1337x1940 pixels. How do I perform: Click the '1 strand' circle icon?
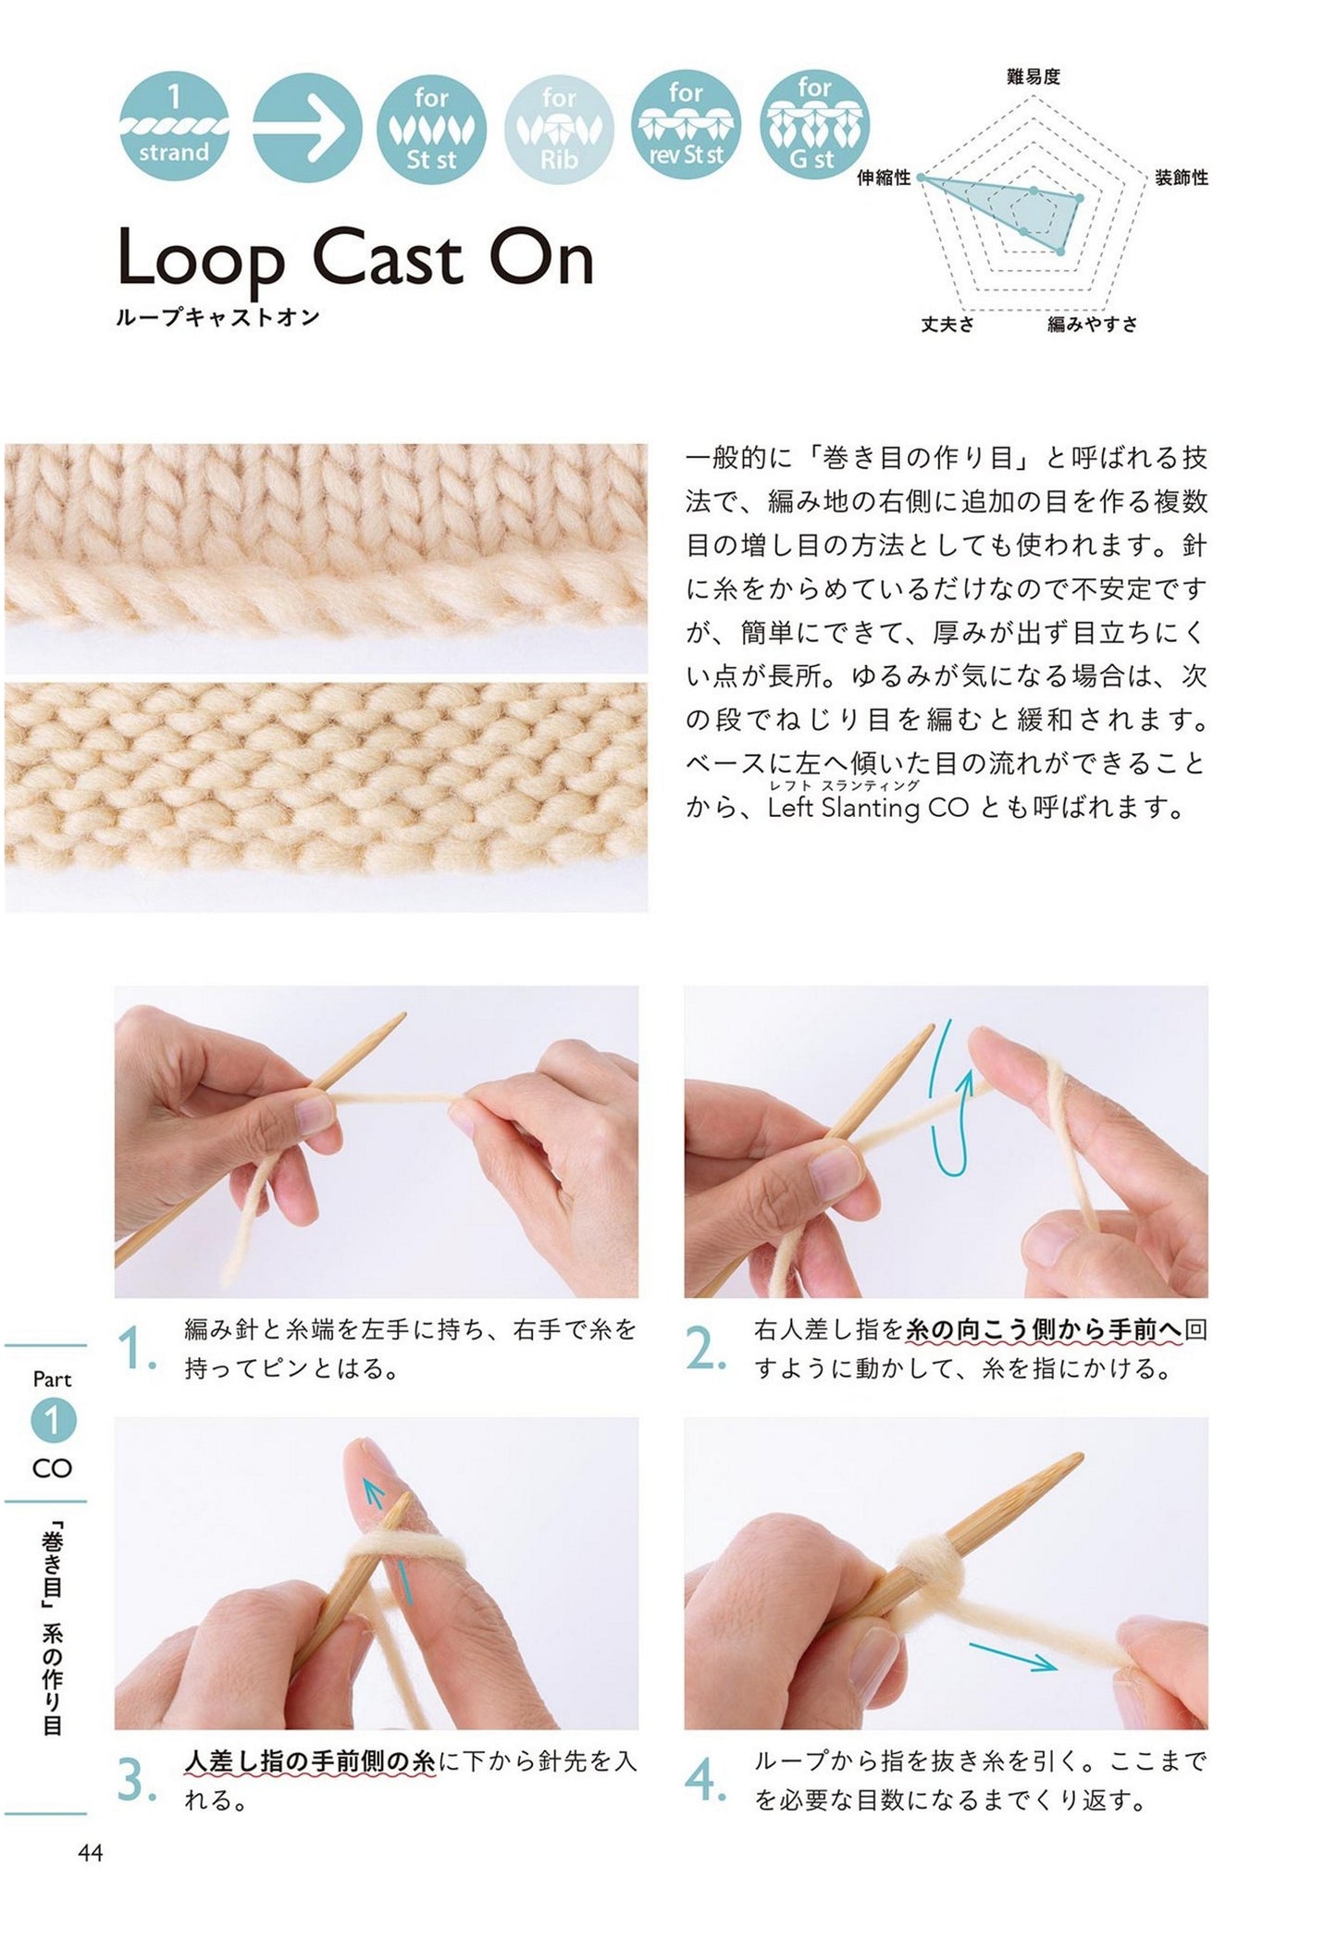[x=174, y=126]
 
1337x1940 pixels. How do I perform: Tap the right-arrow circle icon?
[x=307, y=126]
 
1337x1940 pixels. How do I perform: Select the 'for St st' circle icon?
[x=431, y=126]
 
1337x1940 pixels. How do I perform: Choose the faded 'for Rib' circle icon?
[x=559, y=126]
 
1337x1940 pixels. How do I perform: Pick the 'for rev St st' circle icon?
[x=686, y=126]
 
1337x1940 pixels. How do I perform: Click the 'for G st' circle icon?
[x=813, y=126]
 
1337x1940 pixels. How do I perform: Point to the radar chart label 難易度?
[x=1033, y=77]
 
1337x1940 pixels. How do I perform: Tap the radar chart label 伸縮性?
[x=885, y=178]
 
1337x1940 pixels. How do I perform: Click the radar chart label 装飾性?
[x=1182, y=178]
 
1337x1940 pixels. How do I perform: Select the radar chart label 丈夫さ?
[x=947, y=324]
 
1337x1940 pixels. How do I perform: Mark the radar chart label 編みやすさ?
[x=1093, y=324]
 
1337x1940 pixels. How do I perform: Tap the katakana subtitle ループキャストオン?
[x=218, y=317]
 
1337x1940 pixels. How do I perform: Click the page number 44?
[x=91, y=1853]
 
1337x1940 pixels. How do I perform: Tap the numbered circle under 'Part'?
[x=52, y=1421]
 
